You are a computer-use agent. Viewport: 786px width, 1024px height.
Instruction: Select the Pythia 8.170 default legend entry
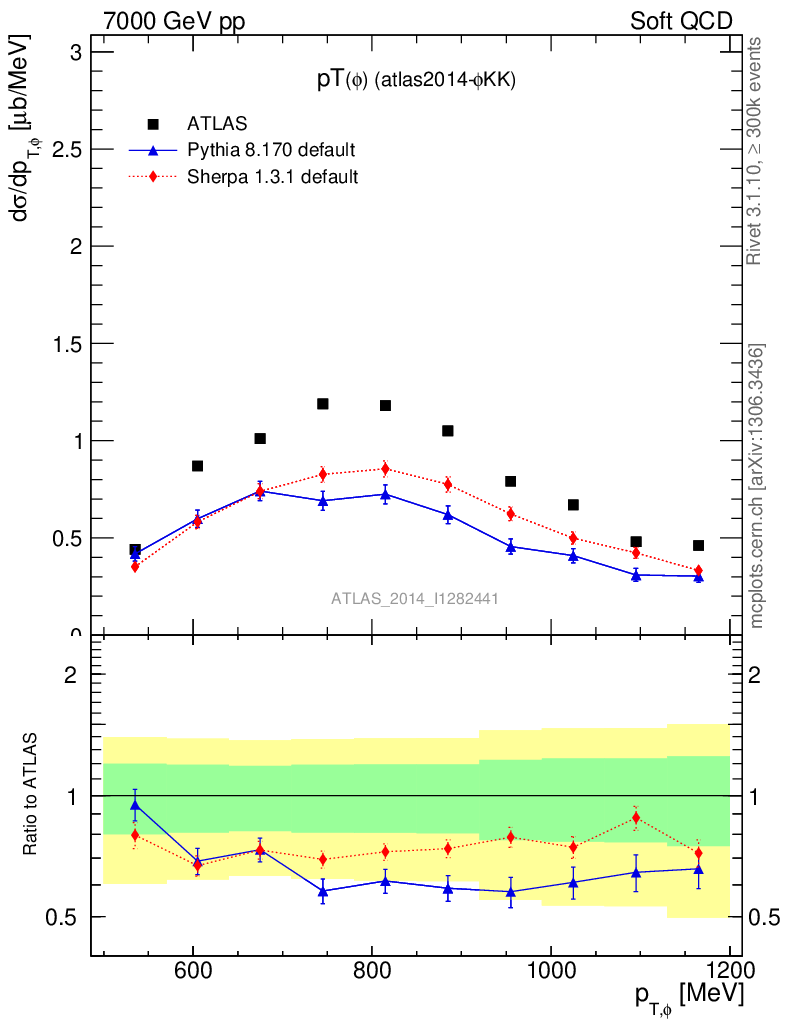(244, 150)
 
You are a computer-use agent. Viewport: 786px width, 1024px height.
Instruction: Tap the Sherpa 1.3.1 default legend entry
(244, 177)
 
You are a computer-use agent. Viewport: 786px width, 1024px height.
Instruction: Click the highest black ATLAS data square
(323, 404)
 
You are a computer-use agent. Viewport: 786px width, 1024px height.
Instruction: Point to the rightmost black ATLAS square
(698, 546)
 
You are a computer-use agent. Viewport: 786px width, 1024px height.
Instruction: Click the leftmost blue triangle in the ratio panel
(135, 804)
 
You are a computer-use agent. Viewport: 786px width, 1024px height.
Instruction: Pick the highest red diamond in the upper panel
(385, 469)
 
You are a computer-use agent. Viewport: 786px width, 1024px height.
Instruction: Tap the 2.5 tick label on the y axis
(68, 149)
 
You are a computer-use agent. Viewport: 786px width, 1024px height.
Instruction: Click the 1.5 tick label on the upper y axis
(68, 343)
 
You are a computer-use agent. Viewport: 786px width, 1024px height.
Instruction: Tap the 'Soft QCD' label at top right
(681, 21)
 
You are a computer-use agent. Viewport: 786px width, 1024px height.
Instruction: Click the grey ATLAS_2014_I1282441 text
(415, 599)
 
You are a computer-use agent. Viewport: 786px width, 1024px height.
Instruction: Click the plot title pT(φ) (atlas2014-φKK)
(415, 82)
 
